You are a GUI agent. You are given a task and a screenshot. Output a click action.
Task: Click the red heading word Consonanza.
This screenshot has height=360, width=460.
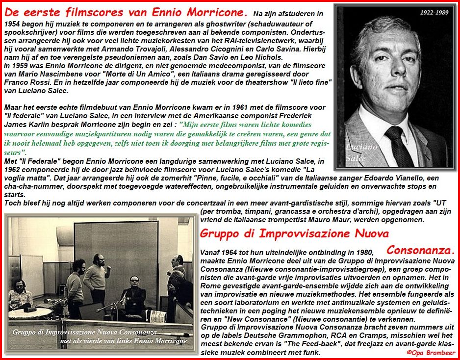(x=421, y=250)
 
